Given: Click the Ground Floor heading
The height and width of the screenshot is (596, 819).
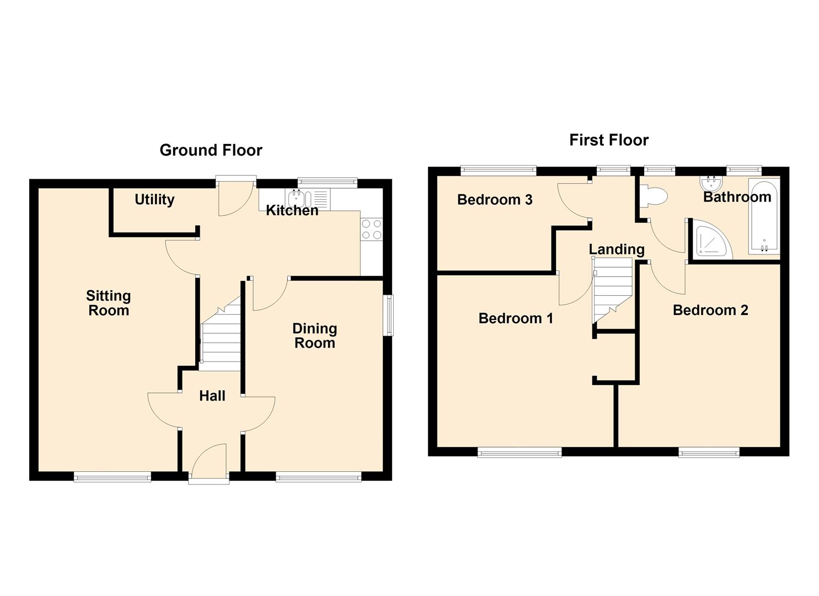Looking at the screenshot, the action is [211, 150].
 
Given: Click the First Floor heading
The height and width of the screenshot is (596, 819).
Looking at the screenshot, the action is [609, 140].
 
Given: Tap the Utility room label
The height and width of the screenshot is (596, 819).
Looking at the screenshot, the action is [154, 200].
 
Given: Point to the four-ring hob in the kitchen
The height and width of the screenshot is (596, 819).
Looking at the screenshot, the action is [372, 229].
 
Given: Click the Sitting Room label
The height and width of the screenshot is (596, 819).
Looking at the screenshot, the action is [109, 303].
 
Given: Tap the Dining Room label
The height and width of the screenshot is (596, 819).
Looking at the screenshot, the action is [315, 336].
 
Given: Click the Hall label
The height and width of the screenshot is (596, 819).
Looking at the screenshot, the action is [212, 396].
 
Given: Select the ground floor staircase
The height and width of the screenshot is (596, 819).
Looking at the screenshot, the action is [221, 334].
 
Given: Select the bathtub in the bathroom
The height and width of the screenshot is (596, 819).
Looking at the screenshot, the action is [764, 216].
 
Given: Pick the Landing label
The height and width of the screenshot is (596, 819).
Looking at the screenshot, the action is [617, 249].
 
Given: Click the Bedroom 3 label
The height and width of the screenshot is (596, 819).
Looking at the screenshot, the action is [495, 200].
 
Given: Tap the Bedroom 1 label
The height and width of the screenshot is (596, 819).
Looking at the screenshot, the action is [516, 318].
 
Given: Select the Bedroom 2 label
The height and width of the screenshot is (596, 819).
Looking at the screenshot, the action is [710, 310].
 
